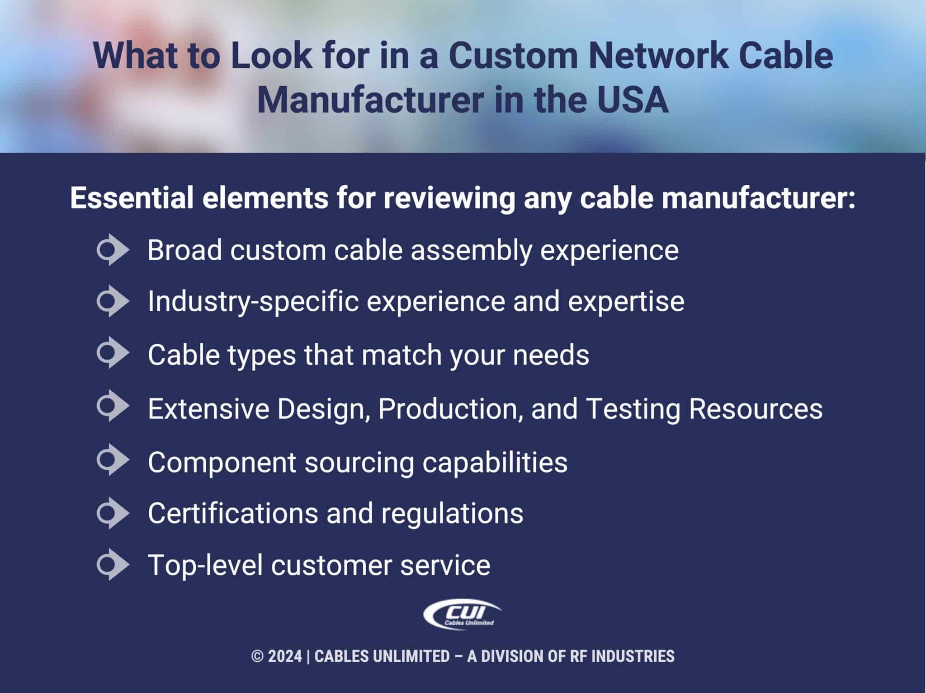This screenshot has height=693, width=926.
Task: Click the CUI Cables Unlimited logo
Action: pos(462,614)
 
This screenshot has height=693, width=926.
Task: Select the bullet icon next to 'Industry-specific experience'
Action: pos(113,301)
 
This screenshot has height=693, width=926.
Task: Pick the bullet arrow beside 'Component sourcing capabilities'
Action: pos(113,460)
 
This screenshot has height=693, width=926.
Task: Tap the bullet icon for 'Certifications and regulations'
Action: pos(113,513)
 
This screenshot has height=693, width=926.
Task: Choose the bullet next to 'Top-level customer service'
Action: pos(113,565)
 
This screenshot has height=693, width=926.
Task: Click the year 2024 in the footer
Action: pos(285,656)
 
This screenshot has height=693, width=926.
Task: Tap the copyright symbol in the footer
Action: pos(257,656)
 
